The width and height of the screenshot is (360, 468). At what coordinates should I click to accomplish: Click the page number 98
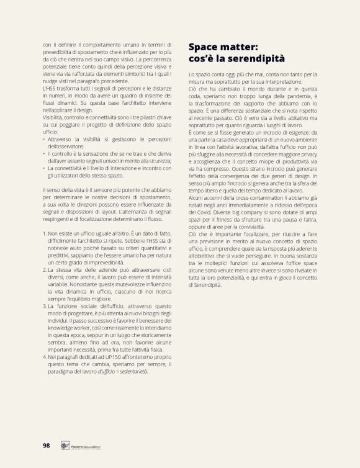(46, 445)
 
